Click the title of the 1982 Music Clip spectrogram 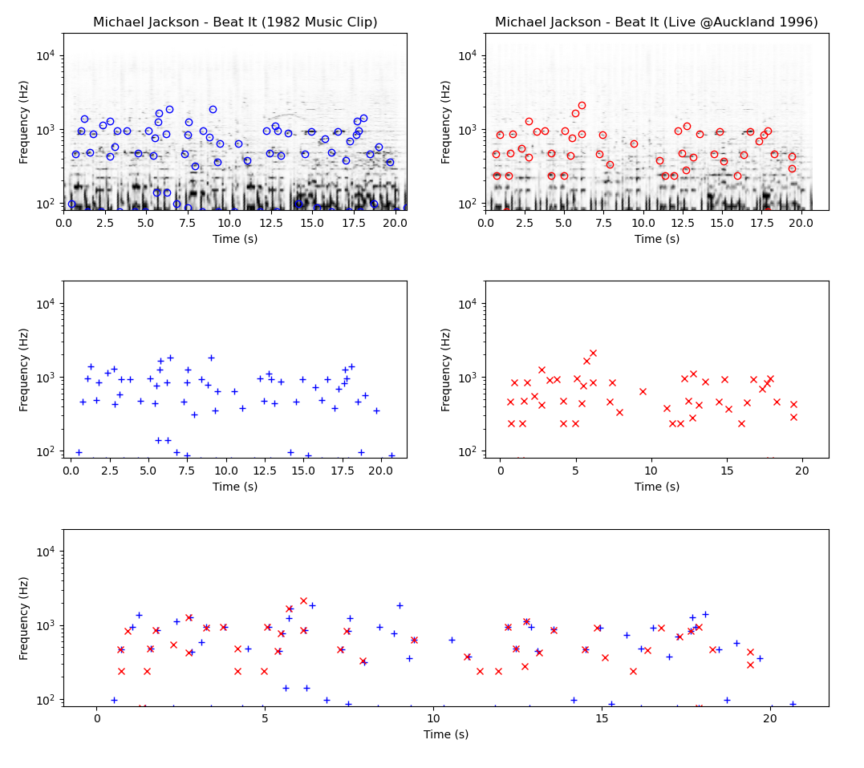(x=235, y=22)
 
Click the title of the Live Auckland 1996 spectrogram (x=656, y=22)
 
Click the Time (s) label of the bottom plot (x=446, y=734)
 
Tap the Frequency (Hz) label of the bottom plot (x=24, y=617)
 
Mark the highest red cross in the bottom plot (x=303, y=600)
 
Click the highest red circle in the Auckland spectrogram (x=582, y=105)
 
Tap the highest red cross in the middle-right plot (x=593, y=353)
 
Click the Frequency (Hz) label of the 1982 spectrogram (x=24, y=122)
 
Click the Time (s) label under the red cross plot (x=656, y=487)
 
